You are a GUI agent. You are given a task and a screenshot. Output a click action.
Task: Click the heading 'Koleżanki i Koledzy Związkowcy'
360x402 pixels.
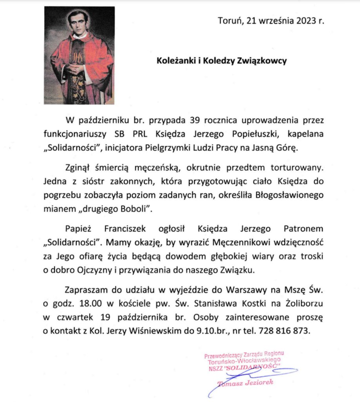(x=222, y=61)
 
